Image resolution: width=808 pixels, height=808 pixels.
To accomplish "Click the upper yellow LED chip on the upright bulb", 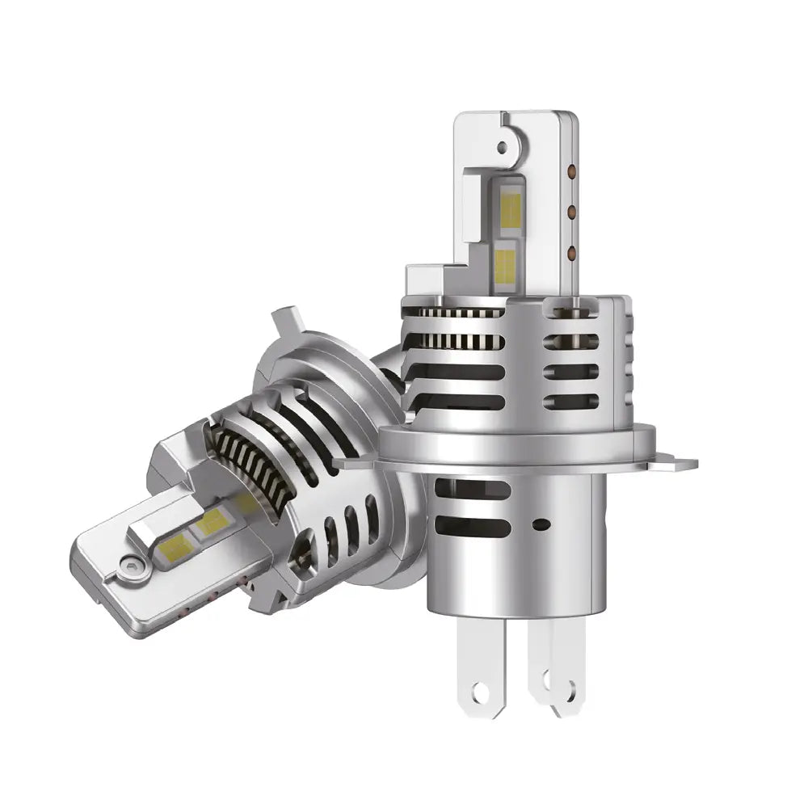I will click(510, 208).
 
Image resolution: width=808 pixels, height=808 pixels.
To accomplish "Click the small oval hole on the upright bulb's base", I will click(542, 525).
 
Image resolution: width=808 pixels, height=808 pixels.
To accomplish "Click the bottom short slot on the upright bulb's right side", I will click(570, 402).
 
